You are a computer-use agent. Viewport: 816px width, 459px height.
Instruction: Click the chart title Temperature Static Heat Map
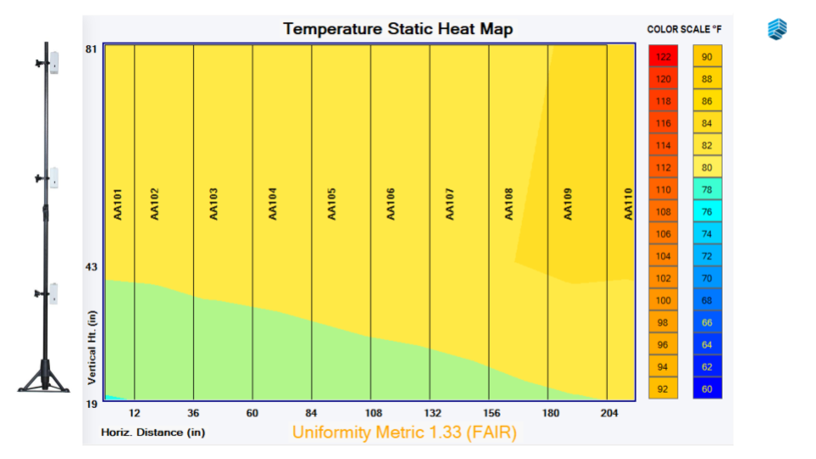(x=398, y=29)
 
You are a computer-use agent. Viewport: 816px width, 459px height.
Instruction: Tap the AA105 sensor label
(x=331, y=205)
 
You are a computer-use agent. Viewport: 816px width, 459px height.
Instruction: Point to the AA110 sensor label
(x=628, y=205)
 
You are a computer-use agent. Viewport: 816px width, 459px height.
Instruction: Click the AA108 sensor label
(x=509, y=205)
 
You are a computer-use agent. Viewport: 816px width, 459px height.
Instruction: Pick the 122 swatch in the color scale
(x=663, y=57)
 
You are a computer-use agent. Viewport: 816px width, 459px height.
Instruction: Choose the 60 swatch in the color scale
(x=707, y=388)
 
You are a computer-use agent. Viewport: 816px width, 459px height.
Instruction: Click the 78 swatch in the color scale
(x=707, y=190)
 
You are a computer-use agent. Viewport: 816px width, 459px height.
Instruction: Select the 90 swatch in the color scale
(x=707, y=57)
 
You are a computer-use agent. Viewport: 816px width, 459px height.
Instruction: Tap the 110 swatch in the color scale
(x=663, y=190)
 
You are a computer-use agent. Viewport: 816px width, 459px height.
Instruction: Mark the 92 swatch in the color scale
(x=663, y=388)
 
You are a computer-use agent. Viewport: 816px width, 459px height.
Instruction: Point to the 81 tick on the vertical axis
(x=91, y=49)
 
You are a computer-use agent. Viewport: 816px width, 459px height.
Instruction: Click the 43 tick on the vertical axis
(x=91, y=268)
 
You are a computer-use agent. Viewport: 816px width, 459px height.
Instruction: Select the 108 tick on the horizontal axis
(x=371, y=414)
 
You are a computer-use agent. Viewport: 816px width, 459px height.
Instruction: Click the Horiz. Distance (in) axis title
(x=153, y=432)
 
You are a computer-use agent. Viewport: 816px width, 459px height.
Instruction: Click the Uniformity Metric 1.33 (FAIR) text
(x=405, y=432)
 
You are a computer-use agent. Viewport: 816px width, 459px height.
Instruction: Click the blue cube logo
(x=778, y=29)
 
